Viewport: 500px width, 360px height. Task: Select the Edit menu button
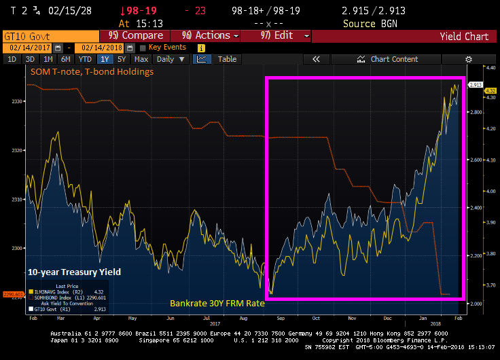click(279, 35)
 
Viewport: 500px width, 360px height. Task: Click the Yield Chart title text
click(464, 36)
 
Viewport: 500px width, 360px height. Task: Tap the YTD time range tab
click(85, 59)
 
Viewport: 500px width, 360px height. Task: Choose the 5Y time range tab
click(122, 59)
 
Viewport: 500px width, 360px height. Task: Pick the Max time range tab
click(141, 59)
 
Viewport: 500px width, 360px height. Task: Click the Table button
click(227, 59)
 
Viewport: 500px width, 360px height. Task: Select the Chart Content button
click(393, 59)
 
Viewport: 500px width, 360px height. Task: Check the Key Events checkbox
click(142, 48)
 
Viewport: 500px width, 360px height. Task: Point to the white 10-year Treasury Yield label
click(74, 272)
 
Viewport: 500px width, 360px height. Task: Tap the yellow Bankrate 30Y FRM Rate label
click(217, 303)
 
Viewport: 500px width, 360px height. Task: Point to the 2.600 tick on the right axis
click(476, 160)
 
